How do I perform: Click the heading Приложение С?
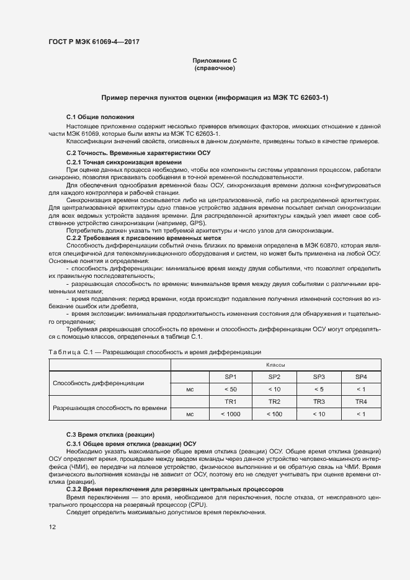(x=215, y=60)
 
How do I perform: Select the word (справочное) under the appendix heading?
(x=215, y=68)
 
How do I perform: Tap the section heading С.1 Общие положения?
(x=100, y=117)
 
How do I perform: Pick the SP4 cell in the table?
(x=361, y=377)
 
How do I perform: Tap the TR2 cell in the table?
(x=274, y=401)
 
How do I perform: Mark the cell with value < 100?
(x=274, y=414)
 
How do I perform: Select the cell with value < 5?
(x=319, y=389)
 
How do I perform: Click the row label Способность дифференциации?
(x=99, y=383)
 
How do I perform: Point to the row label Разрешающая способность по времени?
(x=110, y=408)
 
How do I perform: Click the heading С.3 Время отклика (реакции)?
(x=110, y=434)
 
